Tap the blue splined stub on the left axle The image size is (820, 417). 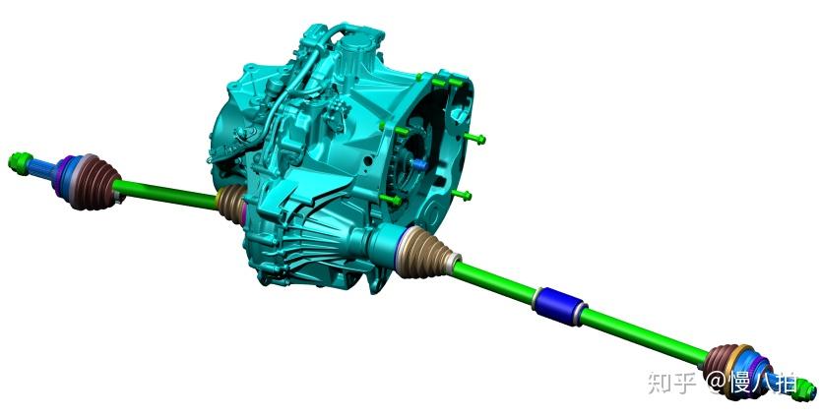(40, 167)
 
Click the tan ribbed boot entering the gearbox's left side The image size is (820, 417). (231, 203)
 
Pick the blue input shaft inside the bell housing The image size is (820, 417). (419, 164)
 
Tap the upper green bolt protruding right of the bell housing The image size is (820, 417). (474, 139)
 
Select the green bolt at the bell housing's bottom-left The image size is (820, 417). (391, 199)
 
